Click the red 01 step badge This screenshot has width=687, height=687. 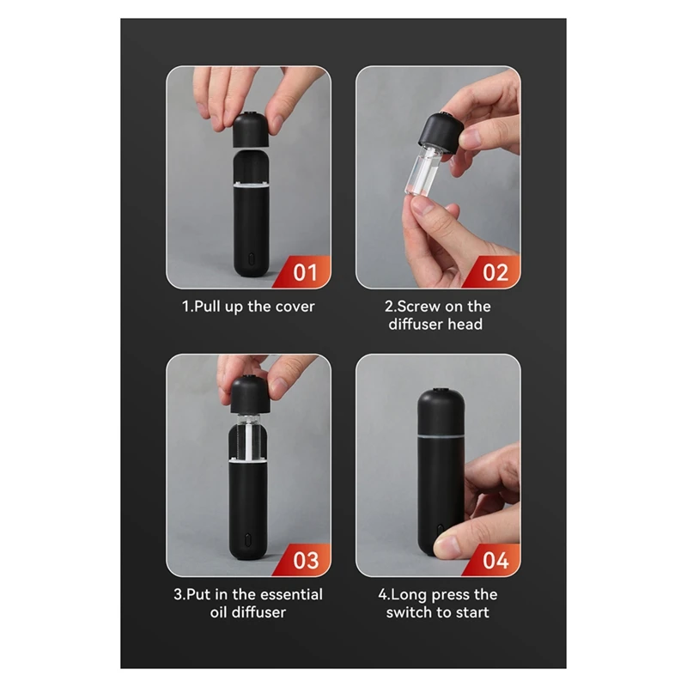pos(306,273)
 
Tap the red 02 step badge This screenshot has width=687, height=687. pos(496,273)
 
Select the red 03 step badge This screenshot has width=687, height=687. pos(306,561)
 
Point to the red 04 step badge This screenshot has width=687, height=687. pos(496,561)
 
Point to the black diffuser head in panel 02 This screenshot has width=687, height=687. pos(438,136)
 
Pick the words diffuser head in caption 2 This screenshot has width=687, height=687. pos(435,325)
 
